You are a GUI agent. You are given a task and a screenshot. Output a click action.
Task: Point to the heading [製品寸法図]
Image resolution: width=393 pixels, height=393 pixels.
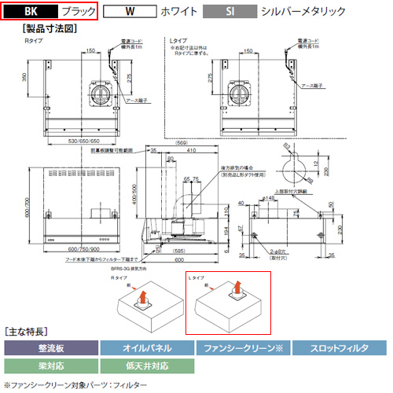46,28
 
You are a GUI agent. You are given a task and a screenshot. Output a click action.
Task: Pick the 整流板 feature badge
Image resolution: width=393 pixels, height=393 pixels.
50,347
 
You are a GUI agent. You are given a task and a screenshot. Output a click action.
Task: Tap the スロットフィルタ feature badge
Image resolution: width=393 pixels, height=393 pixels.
339,347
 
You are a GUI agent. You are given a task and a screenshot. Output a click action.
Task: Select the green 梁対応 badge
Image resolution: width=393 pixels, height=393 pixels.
50,365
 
